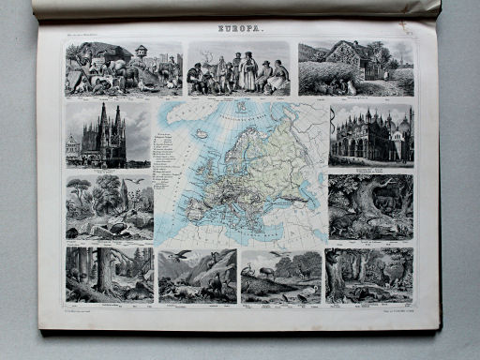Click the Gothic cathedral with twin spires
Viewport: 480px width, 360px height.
click(x=102, y=136)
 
